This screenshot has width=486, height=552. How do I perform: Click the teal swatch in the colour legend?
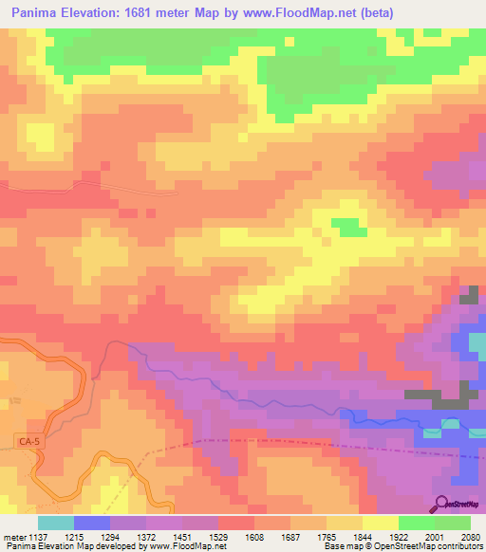click(55, 523)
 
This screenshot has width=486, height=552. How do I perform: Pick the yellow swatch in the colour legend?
click(380, 523)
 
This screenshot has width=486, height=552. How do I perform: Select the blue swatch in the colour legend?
click(91, 523)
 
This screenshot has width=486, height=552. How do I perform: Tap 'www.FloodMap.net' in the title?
click(290, 13)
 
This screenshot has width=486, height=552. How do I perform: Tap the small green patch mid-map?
click(350, 227)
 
